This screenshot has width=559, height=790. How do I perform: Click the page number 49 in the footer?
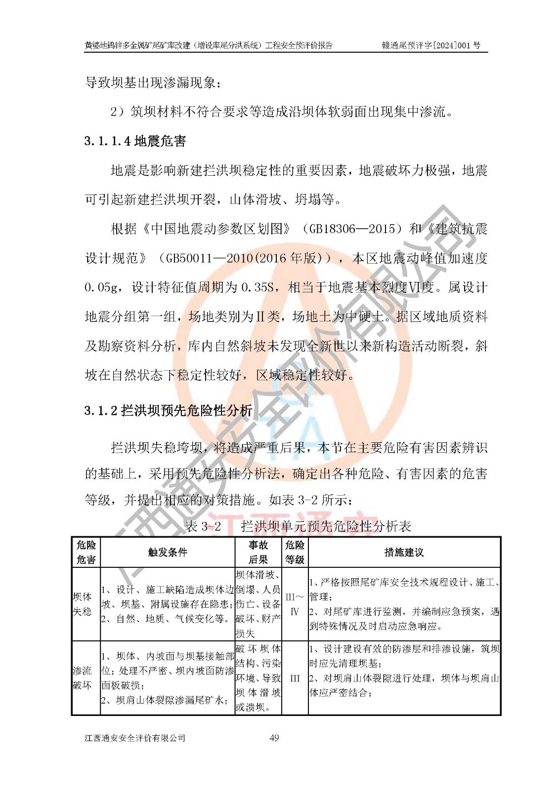(274, 738)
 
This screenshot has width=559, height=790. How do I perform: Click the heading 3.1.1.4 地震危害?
(135, 141)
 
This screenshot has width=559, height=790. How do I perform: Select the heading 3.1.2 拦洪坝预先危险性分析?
(168, 410)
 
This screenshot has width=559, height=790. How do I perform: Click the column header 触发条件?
(168, 553)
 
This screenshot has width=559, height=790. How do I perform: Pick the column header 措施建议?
(404, 553)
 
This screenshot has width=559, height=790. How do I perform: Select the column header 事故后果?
(258, 552)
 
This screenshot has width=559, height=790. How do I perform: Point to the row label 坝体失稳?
(82, 604)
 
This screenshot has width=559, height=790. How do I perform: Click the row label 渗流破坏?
(82, 677)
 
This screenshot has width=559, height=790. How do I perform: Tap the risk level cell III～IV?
(295, 604)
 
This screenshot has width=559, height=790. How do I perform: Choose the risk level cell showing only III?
(295, 678)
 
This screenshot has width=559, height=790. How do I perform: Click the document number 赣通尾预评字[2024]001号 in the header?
(430, 45)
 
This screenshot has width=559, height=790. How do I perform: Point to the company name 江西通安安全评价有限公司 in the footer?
(135, 738)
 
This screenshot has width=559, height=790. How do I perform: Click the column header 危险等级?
(295, 552)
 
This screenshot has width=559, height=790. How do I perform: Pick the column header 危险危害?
(86, 552)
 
